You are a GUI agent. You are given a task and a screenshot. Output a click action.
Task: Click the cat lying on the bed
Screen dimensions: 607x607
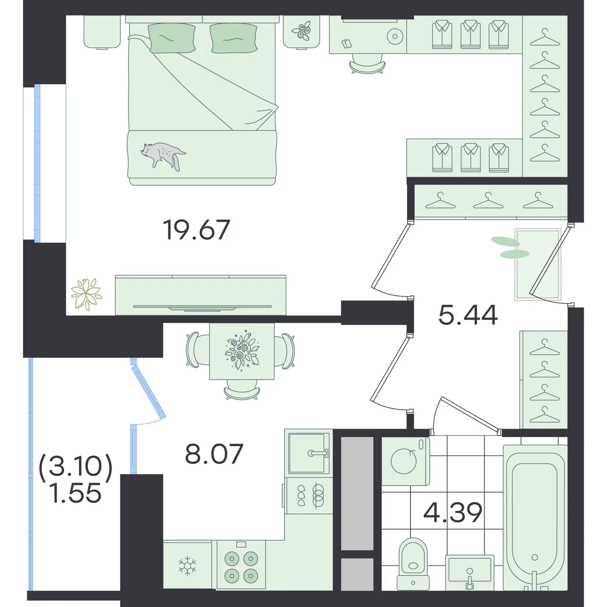tap(162, 155)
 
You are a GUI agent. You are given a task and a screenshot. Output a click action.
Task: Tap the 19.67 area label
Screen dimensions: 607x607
tap(197, 230)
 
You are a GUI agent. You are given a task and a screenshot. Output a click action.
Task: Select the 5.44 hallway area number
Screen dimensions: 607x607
tap(468, 315)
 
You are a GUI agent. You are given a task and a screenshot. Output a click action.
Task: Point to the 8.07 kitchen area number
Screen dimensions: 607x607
tap(214, 454)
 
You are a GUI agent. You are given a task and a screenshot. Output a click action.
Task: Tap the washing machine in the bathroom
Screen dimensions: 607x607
tap(406, 461)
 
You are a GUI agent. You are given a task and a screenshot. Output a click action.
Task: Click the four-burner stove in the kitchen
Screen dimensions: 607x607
tap(241, 565)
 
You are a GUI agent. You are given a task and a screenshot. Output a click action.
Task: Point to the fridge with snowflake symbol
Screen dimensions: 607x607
tap(188, 565)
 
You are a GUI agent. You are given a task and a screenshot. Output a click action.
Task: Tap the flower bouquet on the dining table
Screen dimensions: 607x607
tap(242, 351)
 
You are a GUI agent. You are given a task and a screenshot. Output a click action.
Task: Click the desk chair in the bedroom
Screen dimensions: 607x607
tap(367, 64)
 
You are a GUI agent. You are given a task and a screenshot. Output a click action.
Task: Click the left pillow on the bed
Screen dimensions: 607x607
tap(171, 38)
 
